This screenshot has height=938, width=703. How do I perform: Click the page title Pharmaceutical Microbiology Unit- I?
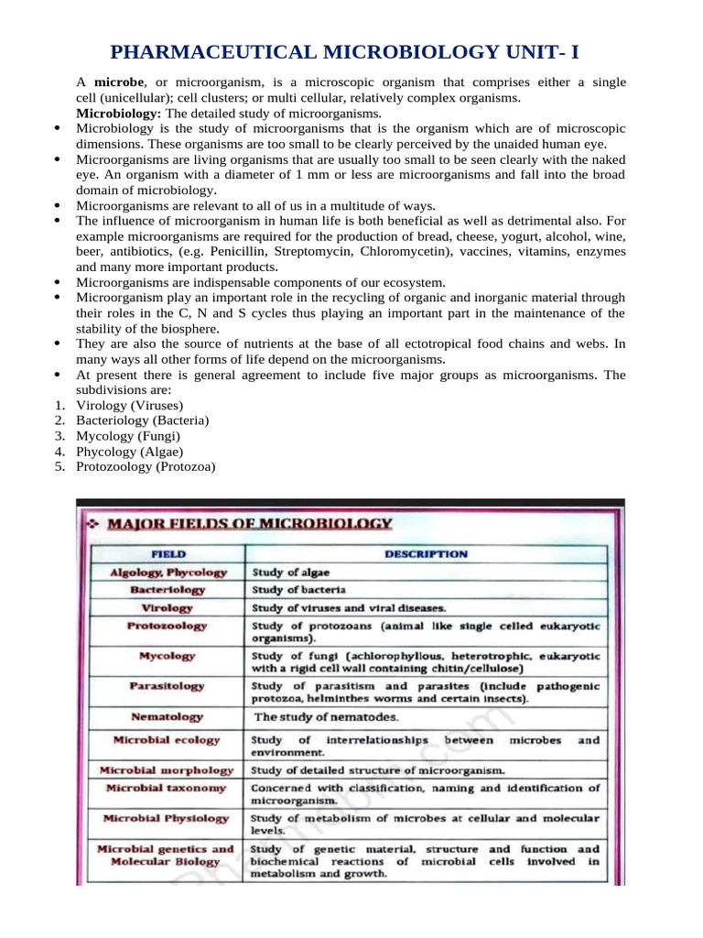tap(351, 52)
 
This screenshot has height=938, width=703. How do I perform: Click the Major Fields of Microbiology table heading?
tap(250, 524)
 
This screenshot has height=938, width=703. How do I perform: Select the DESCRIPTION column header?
tap(426, 554)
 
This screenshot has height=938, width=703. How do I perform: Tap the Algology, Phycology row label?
tap(168, 573)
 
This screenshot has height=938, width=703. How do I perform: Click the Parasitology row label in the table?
tap(168, 685)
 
